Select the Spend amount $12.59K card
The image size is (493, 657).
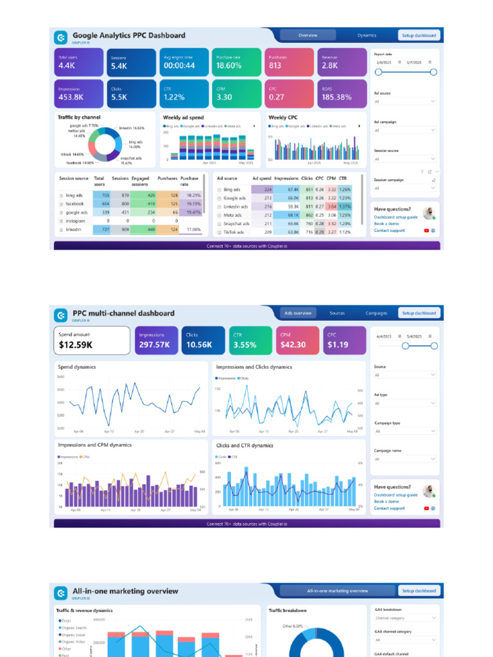tap(91, 340)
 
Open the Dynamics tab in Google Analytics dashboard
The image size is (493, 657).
tap(367, 35)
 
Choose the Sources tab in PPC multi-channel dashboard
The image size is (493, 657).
tap(337, 313)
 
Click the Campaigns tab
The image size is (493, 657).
tap(376, 313)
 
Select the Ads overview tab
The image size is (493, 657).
tap(298, 313)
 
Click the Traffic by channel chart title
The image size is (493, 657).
tap(79, 117)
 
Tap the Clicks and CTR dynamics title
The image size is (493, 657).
tap(245, 445)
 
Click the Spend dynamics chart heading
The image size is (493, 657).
tap(77, 367)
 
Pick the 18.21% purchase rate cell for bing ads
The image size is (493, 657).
tap(193, 195)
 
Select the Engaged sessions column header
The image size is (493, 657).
tap(140, 181)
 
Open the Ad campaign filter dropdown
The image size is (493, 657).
tap(404, 130)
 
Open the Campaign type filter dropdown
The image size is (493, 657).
tap(404, 431)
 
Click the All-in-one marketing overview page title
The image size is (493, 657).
tap(125, 591)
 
